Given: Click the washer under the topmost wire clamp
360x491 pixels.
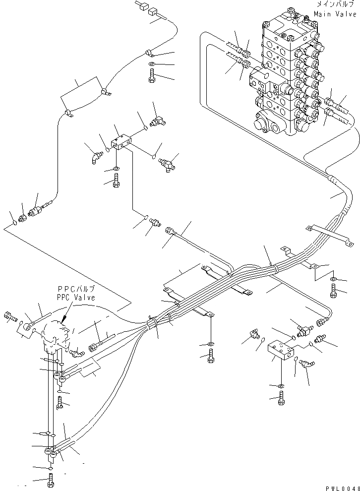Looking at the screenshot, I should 151,64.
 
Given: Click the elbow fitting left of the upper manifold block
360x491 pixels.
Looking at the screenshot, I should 95,159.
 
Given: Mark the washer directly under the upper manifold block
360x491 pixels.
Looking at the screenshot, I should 116,170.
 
